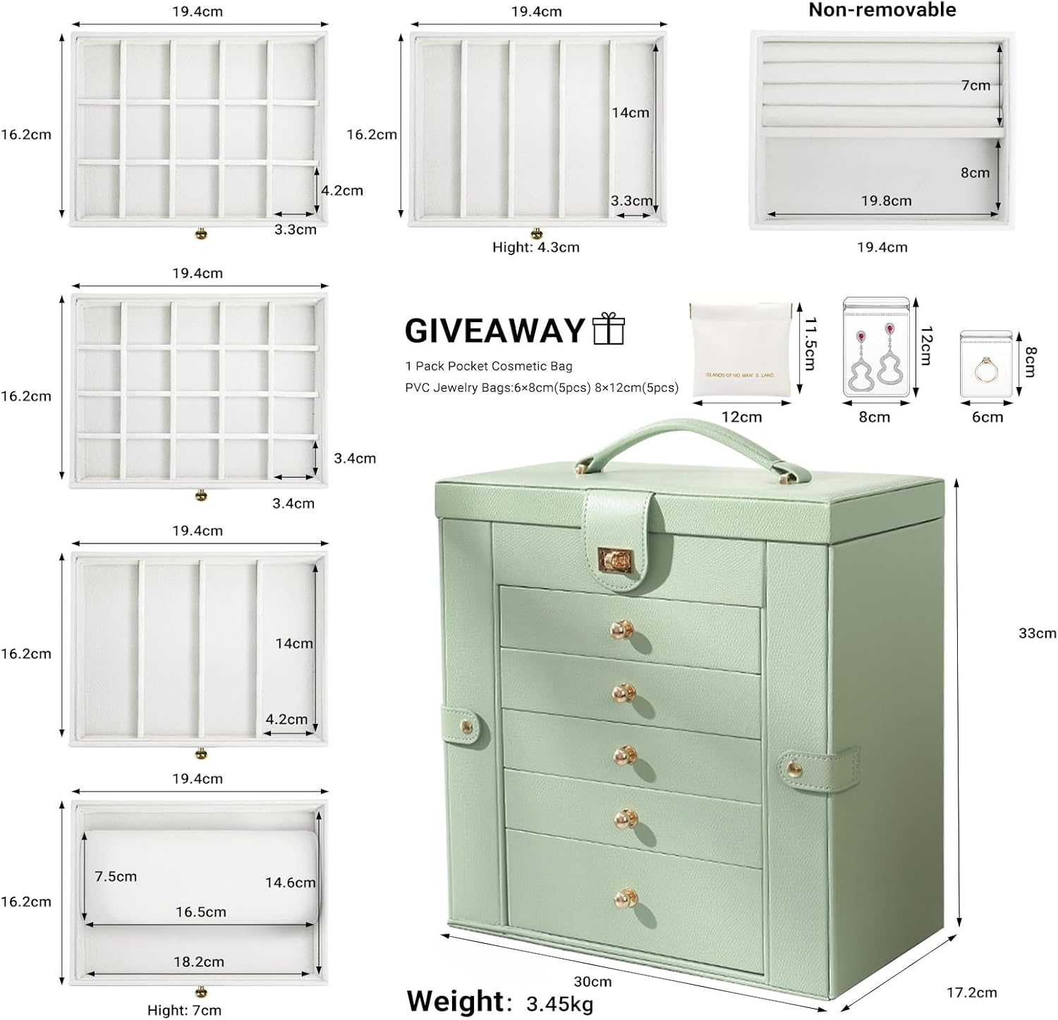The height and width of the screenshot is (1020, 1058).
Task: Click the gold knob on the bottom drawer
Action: pyautogui.click(x=624, y=897)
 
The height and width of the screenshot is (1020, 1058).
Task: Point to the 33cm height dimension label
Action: pyautogui.click(x=1036, y=632)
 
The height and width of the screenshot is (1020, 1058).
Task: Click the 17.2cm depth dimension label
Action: pyautogui.click(x=971, y=993)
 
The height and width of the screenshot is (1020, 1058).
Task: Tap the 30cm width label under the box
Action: pyautogui.click(x=592, y=981)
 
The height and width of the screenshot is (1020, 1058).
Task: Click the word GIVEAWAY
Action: pyautogui.click(x=495, y=331)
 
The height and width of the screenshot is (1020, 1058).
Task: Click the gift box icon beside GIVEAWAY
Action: pyautogui.click(x=609, y=329)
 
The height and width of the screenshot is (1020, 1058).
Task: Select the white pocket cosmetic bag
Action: pyautogui.click(x=740, y=349)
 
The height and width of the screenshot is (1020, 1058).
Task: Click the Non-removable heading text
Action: pyautogui.click(x=882, y=10)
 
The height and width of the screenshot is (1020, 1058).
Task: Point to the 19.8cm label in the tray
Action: pyautogui.click(x=886, y=201)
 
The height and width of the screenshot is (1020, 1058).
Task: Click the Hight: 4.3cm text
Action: pyautogui.click(x=535, y=247)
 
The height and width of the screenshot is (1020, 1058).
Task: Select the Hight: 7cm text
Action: pyautogui.click(x=184, y=1010)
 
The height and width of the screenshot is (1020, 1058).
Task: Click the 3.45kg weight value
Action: pyautogui.click(x=559, y=1003)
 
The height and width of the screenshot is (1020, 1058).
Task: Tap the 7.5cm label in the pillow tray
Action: pyautogui.click(x=116, y=876)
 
